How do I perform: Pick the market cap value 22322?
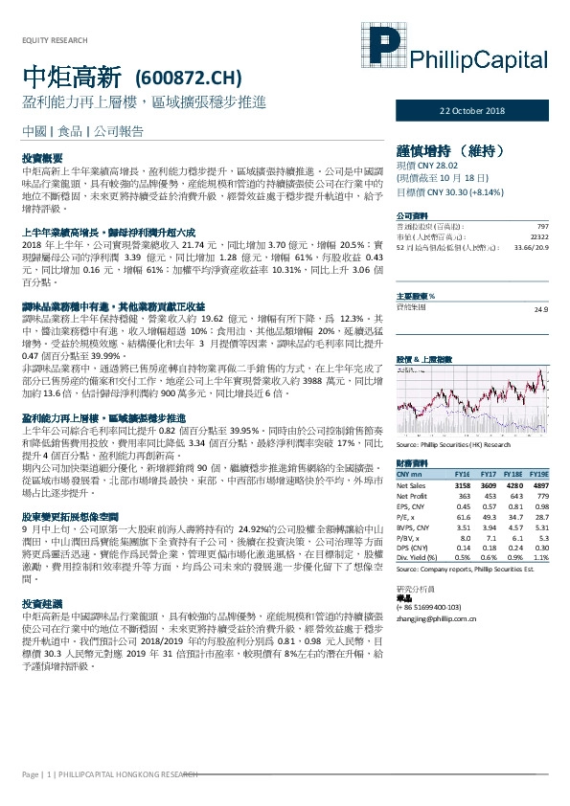pos(538,235)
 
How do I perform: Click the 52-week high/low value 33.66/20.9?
pos(530,246)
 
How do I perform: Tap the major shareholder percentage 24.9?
pos(540,282)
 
